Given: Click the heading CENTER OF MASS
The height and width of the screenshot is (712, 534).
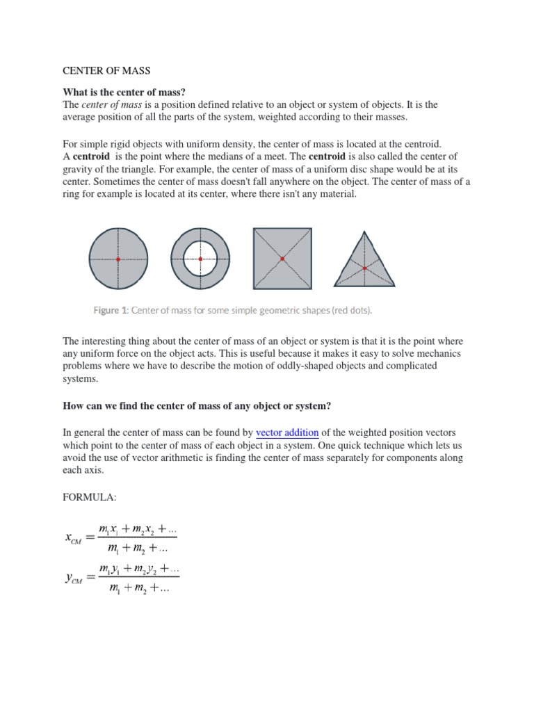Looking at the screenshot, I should [106, 70].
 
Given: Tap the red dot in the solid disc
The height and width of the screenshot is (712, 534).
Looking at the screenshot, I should [118, 259].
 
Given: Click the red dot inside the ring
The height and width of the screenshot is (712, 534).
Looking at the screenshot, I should [200, 259].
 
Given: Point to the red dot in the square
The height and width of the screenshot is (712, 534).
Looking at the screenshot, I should [282, 259].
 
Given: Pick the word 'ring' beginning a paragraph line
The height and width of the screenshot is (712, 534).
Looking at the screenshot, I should [72, 195].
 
